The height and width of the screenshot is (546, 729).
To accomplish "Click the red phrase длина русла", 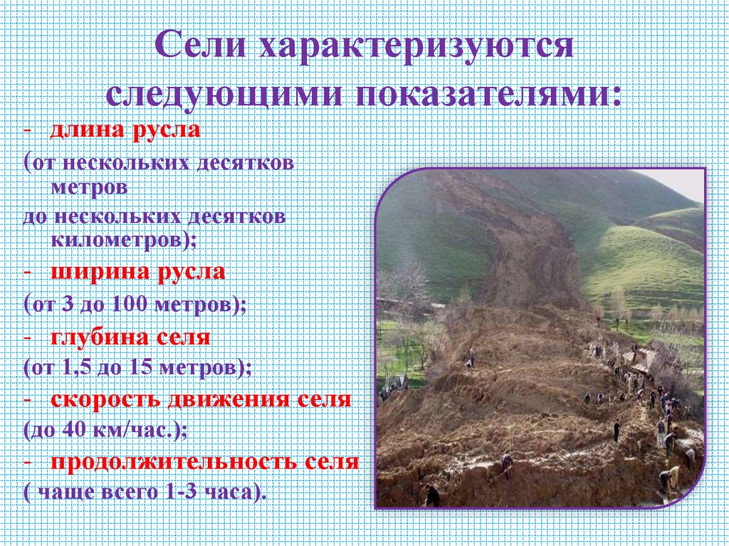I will pos(125,131).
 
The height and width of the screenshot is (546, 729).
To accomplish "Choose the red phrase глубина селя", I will pos(130,337).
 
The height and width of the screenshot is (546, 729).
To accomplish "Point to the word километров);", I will pos(123,240).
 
